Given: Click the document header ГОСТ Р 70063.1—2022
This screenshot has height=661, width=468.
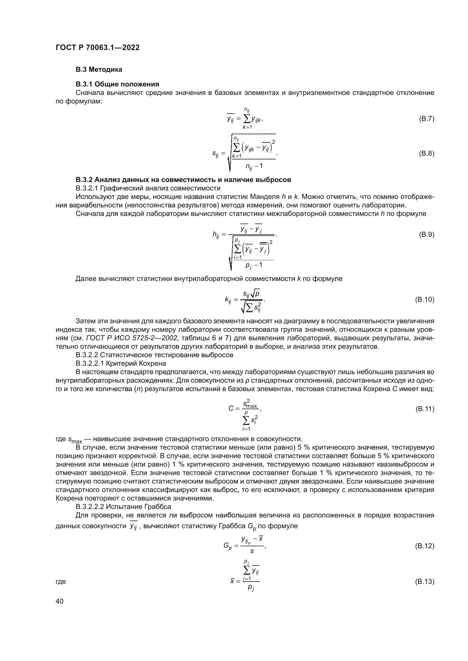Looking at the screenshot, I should coord(97,47).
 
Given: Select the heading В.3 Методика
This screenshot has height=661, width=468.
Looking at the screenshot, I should coord(99,70).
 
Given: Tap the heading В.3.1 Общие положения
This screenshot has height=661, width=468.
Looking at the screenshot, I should coord(117,84).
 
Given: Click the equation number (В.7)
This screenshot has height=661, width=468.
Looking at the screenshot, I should coord(426,119).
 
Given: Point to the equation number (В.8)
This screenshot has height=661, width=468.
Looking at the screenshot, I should coord(426,153).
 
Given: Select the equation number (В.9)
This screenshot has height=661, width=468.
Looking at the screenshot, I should coord(426,235).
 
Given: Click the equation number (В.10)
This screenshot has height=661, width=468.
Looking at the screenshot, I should coord(424,300).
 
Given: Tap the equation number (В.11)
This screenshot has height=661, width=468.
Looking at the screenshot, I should coord(424,409).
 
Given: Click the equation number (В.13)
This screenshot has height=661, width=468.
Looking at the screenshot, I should coord(424,581).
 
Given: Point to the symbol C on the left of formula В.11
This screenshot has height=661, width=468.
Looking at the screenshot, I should coord(231,408).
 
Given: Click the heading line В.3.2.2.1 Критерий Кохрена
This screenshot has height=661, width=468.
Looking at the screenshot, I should coord(121,363).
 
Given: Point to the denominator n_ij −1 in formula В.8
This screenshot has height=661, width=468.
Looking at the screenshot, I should coord(254,166).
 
